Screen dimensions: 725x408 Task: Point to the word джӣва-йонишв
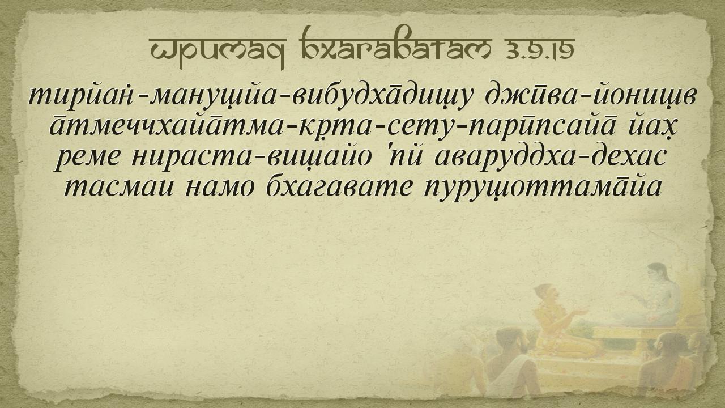click(590, 96)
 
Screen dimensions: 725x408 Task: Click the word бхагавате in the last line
click(339, 187)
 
